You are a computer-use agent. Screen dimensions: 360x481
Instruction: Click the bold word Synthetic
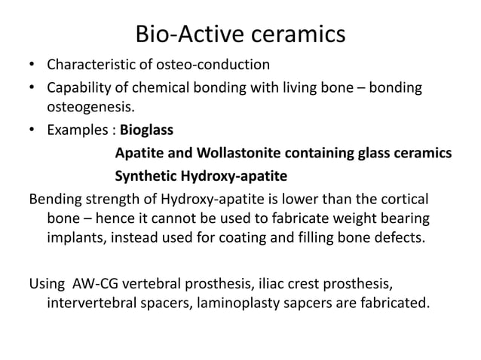(146, 178)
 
